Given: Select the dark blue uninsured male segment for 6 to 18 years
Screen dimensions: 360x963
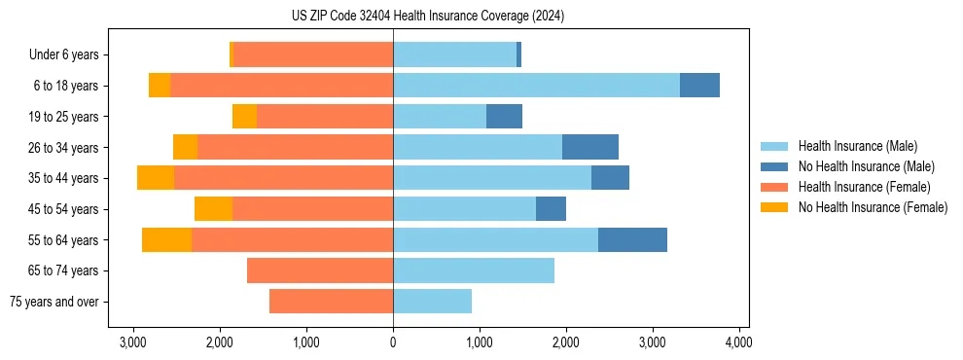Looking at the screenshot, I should [x=699, y=86].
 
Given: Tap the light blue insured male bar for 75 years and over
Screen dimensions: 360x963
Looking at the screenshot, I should [x=432, y=302].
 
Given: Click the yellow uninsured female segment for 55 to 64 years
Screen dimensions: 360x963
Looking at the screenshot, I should [x=166, y=240].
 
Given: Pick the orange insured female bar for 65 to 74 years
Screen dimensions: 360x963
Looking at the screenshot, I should [x=320, y=270].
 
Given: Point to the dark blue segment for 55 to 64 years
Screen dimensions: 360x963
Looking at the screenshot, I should [x=632, y=240].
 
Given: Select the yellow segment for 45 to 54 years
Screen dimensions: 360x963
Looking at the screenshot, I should [x=213, y=209].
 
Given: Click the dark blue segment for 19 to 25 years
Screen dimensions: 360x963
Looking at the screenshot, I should [x=504, y=117].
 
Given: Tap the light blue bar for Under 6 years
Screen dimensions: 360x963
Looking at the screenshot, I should [x=454, y=54].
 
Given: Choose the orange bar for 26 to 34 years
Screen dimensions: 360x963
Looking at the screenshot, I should [x=295, y=147].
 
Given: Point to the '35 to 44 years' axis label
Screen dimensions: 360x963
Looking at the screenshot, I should [x=64, y=178].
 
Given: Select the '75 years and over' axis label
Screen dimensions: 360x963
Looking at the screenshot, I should [x=54, y=302].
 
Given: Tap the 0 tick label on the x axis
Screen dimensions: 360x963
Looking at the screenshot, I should [x=393, y=342].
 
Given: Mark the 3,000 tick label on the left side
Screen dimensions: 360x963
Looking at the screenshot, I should [x=133, y=342].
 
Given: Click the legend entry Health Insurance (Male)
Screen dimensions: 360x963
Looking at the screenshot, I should [x=857, y=146].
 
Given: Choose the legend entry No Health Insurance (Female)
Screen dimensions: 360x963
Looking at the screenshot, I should [x=873, y=207].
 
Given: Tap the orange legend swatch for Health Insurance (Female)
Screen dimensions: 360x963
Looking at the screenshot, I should [x=774, y=187].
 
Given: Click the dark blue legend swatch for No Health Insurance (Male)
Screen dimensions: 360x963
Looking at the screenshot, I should [x=774, y=166].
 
